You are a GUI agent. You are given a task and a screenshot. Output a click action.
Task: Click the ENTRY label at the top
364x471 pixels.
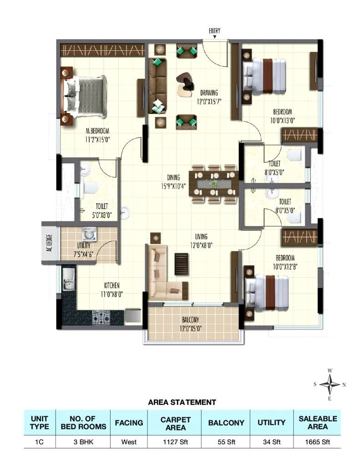click(214, 31)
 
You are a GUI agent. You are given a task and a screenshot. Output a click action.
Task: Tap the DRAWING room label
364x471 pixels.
click(209, 93)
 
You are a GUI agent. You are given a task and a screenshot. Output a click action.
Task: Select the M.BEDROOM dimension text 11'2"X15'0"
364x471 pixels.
click(98, 140)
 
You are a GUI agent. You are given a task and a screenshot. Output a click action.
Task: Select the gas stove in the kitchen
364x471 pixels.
click(102, 316)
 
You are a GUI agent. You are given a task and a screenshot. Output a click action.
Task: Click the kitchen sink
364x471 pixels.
click(68, 280)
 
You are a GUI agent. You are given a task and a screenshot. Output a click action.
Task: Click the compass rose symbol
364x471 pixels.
click(330, 385)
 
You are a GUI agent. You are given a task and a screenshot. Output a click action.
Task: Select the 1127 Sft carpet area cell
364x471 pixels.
click(175, 441)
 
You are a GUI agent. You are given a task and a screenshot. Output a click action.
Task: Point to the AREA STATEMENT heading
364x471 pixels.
click(182, 402)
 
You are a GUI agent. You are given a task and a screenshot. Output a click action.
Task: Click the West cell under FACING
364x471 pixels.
click(132, 441)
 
